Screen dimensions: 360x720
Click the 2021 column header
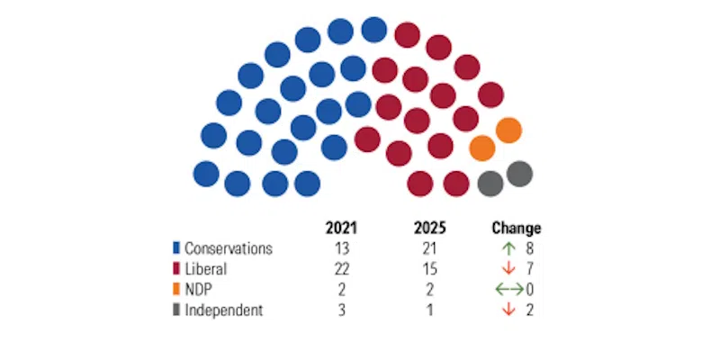pos(342,228)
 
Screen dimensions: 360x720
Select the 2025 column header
pos(430,228)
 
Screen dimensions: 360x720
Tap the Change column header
pos(517,228)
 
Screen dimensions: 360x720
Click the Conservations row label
pos(229,248)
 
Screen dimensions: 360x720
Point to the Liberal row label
pos(206,269)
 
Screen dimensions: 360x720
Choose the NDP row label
pos(200,290)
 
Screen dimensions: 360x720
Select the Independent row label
pos(224,310)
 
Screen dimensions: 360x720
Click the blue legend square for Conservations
pos(177,248)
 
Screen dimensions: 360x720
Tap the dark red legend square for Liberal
pos(177,269)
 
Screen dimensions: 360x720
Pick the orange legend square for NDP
pos(177,290)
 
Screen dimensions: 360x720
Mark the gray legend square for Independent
pos(177,310)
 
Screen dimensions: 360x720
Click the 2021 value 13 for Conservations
pos(342,248)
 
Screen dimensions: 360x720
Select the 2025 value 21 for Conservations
pos(430,248)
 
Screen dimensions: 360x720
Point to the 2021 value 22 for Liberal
pos(342,269)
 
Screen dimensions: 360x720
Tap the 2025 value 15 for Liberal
pos(430,269)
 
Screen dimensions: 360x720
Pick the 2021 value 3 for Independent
pos(342,310)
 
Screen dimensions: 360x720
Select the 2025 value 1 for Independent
pos(430,310)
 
